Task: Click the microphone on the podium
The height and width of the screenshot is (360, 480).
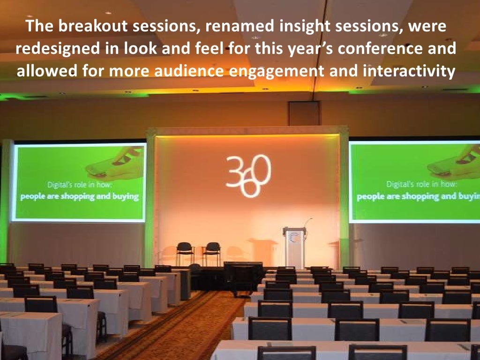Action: point(308,220)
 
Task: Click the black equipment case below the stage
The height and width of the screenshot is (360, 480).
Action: point(243,277)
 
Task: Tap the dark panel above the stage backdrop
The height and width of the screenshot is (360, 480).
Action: point(303,114)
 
